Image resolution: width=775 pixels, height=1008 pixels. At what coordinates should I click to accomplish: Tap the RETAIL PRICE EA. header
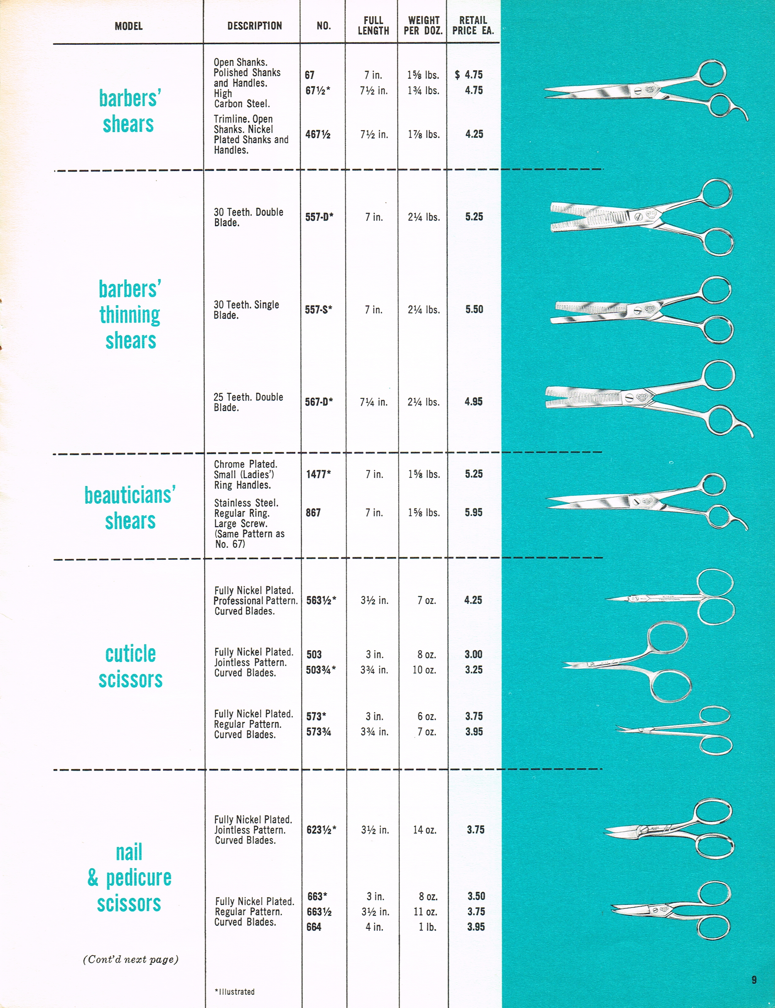tap(473, 26)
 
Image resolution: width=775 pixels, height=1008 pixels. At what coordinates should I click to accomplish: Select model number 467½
tap(318, 134)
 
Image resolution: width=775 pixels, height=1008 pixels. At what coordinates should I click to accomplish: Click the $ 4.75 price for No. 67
tap(469, 75)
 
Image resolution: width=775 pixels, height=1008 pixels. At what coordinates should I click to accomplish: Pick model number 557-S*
tap(318, 310)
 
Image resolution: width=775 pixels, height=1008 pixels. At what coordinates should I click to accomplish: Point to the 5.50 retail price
tap(474, 310)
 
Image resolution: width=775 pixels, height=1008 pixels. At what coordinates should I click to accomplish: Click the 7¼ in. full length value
tap(374, 402)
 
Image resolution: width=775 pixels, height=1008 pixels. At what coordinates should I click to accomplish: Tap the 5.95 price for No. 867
tap(474, 513)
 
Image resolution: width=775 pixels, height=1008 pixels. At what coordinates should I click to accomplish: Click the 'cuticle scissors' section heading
tap(131, 666)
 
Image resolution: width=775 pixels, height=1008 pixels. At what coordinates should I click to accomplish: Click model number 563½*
tap(321, 600)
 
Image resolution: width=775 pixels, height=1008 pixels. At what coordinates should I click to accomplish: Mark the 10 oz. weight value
tap(424, 670)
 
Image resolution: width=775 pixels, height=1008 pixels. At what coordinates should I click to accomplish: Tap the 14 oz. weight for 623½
tap(424, 830)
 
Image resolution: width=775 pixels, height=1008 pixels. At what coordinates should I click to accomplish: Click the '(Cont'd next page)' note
tap(131, 960)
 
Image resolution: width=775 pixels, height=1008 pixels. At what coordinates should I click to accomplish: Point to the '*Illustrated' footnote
tap(235, 992)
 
